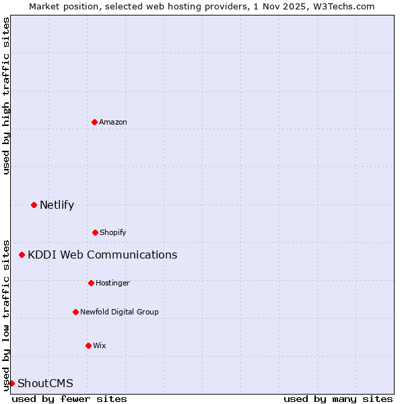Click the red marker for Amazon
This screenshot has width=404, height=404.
pyautogui.click(x=94, y=122)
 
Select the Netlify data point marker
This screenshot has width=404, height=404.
pyautogui.click(x=34, y=205)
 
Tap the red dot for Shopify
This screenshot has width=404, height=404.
pyautogui.click(x=95, y=232)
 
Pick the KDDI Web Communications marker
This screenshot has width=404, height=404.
pyautogui.click(x=22, y=255)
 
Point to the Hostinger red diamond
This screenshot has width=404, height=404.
pyautogui.click(x=91, y=283)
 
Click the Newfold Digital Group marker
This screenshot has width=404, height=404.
pyautogui.click(x=75, y=312)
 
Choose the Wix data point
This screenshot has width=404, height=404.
pyautogui.click(x=88, y=345)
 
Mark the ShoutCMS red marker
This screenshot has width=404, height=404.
pyautogui.click(x=11, y=383)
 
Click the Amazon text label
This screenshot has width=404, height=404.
pyautogui.click(x=113, y=122)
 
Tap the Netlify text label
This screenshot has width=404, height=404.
pyautogui.click(x=57, y=205)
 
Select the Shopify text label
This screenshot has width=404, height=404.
pyautogui.click(x=113, y=232)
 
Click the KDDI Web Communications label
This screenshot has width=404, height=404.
pyautogui.click(x=102, y=255)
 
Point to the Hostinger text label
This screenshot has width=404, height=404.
pyautogui.click(x=112, y=283)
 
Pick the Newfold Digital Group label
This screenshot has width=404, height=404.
pyautogui.click(x=119, y=312)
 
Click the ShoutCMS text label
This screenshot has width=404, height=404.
pyautogui.click(x=45, y=383)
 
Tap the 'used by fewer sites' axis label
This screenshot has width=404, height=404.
pyautogui.click(x=69, y=399)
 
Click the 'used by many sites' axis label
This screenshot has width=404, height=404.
pyautogui.click(x=338, y=399)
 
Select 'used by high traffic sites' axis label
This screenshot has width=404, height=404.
pyautogui.click(x=6, y=96)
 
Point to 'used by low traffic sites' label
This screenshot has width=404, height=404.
pyautogui.click(x=6, y=314)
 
